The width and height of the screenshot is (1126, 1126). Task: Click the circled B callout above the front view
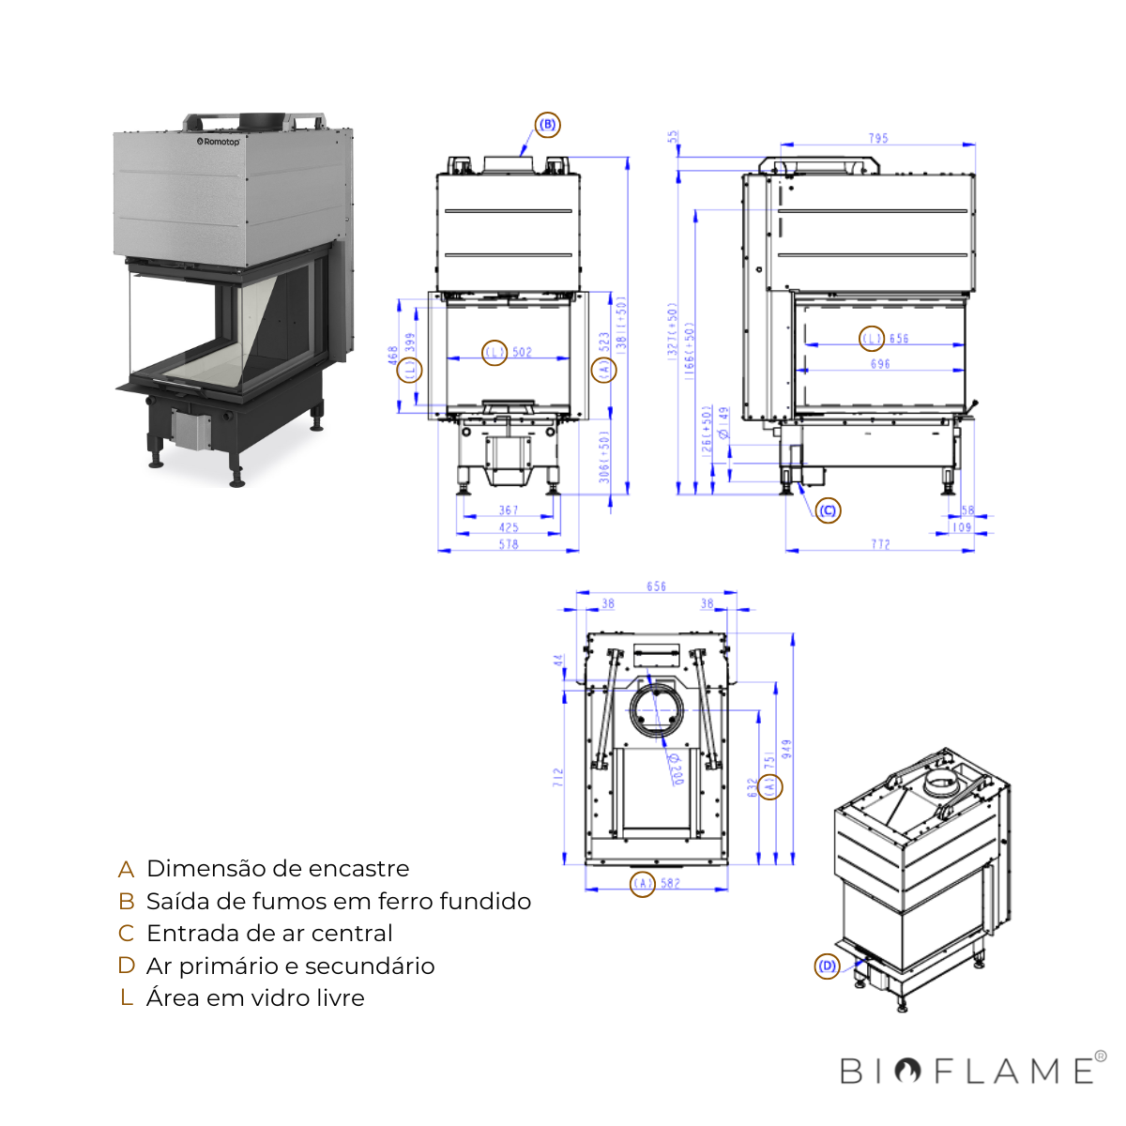tap(547, 125)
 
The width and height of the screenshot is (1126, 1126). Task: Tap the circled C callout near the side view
tap(827, 510)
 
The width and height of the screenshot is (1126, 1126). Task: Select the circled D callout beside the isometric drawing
tap(827, 966)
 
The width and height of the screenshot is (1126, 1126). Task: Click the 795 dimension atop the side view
tap(878, 138)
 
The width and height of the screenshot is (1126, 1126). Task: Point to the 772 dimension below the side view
tap(880, 544)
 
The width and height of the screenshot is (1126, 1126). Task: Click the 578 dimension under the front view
tap(509, 544)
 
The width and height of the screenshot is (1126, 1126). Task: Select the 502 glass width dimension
tap(522, 353)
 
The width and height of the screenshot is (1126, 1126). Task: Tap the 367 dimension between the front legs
tap(509, 510)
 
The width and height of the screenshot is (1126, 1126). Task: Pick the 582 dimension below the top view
tap(670, 883)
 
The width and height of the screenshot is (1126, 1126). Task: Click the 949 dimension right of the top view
tap(787, 749)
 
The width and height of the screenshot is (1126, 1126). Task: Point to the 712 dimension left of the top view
tap(558, 776)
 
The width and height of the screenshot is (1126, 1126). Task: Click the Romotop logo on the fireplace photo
tap(219, 142)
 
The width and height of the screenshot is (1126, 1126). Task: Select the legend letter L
tap(127, 998)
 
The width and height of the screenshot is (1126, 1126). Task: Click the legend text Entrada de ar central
tap(269, 934)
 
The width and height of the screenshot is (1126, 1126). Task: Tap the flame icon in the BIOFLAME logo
tap(907, 1071)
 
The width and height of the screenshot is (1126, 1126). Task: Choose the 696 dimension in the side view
tap(880, 364)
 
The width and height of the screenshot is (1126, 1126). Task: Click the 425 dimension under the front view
tap(509, 527)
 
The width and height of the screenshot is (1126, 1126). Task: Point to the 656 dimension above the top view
tap(656, 586)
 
